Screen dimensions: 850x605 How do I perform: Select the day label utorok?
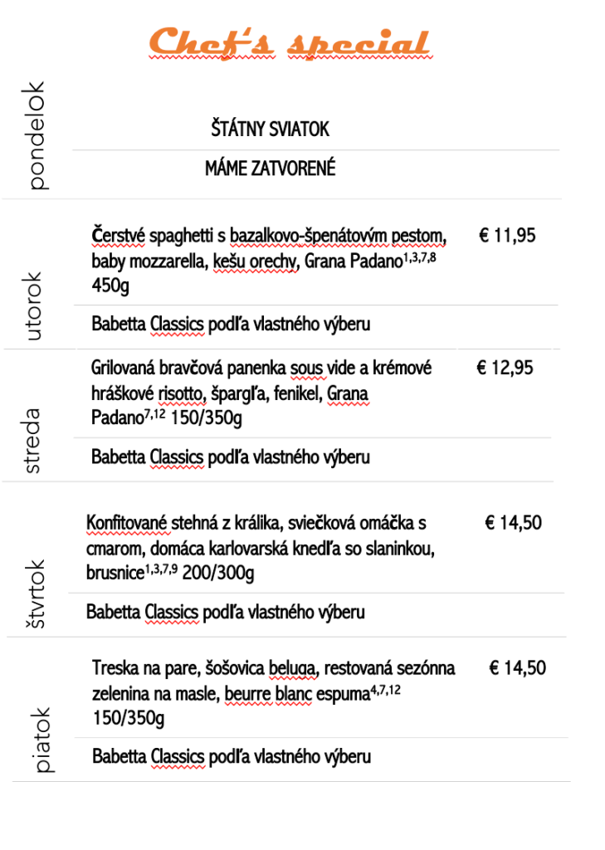(x=34, y=305)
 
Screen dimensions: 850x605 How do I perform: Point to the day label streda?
(x=33, y=441)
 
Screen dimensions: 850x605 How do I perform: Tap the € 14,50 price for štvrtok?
(x=513, y=523)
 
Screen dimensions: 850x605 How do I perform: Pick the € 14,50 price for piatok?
(x=517, y=668)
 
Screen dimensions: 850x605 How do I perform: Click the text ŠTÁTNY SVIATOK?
(x=270, y=130)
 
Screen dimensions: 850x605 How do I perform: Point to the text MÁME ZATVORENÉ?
(x=270, y=169)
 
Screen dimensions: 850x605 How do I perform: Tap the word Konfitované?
(x=127, y=523)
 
